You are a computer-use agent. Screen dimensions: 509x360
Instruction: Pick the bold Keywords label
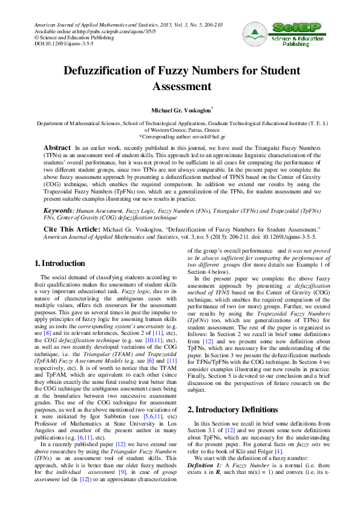tap(59, 210)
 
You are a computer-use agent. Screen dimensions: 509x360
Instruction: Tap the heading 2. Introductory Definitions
tap(236, 392)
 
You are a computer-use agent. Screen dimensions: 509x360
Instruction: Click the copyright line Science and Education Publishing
tap(70, 37)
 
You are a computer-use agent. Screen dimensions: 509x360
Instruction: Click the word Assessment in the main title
tap(180, 86)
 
